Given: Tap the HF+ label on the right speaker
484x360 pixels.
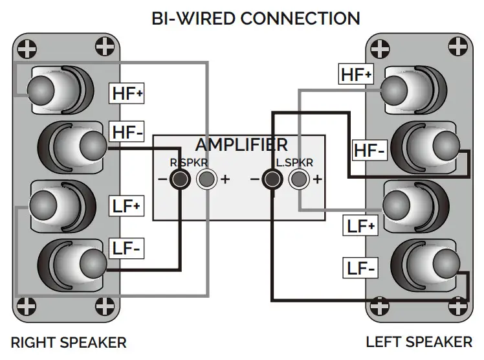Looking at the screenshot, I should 127,93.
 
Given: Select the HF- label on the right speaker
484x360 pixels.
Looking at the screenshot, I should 127,133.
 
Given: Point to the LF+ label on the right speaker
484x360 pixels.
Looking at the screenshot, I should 127,207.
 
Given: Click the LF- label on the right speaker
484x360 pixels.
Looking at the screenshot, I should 127,247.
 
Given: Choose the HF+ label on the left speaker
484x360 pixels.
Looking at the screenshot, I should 357,74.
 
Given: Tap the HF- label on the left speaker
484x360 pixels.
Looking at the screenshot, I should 369,151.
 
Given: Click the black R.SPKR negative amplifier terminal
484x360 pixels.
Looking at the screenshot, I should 180,179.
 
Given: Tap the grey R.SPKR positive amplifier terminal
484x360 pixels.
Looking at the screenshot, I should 206,179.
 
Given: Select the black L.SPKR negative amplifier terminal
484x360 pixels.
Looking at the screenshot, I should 272,179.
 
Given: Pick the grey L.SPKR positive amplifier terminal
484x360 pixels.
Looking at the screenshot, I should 298,179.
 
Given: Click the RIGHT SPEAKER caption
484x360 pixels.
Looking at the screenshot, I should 69,342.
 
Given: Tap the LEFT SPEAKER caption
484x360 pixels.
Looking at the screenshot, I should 419,342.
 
